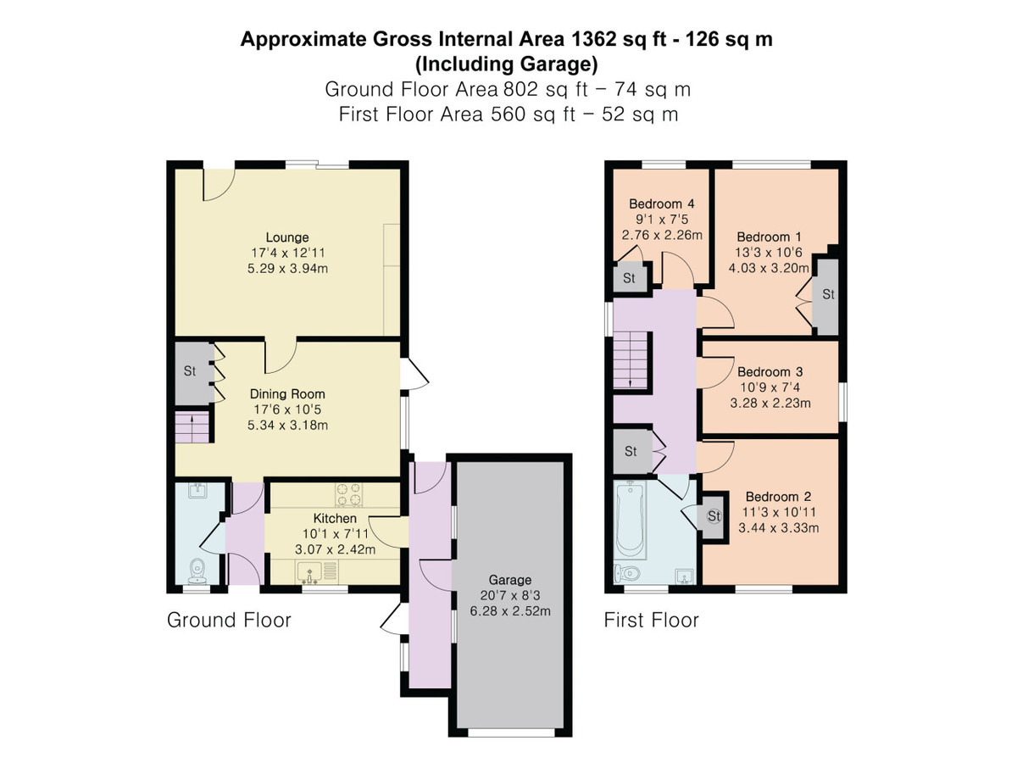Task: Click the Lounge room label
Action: click(287, 237)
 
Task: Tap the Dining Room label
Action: click(287, 394)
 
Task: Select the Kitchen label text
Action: click(335, 519)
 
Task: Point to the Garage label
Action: click(508, 581)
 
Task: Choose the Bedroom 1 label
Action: click(769, 237)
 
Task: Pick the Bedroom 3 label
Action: click(770, 372)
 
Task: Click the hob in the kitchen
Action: click(349, 493)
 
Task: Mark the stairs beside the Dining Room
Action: click(193, 426)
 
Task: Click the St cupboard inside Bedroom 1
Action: click(828, 295)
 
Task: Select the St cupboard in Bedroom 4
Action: click(630, 279)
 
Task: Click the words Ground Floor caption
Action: click(229, 621)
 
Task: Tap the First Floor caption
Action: click(651, 621)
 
